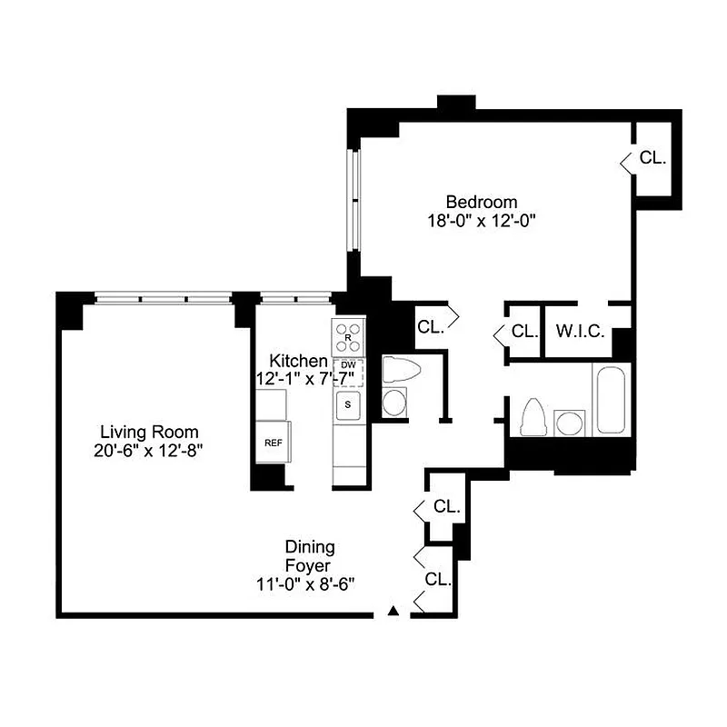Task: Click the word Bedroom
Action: coord(481,202)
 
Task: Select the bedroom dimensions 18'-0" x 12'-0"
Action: coord(481,220)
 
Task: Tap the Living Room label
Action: coord(150,432)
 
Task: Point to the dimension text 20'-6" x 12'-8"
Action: coord(150,450)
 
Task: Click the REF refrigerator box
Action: coord(273,443)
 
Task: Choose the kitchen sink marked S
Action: coord(347,403)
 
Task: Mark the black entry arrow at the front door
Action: coord(393,611)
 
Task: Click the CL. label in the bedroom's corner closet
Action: coord(652,157)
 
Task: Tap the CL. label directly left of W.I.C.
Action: coord(524,332)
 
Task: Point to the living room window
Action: coord(164,297)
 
